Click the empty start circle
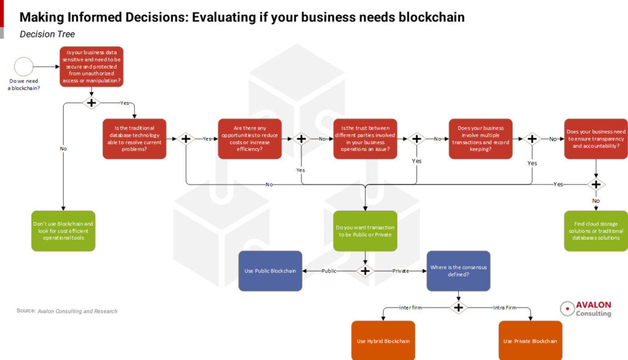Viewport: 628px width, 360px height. tap(24, 66)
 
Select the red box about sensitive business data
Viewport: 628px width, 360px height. tap(91, 66)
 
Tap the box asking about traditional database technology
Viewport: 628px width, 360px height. tap(134, 139)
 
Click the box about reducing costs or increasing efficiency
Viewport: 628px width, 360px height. tap(249, 139)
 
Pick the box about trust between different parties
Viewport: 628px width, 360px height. tap(365, 139)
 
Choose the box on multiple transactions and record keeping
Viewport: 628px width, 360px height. tap(480, 139)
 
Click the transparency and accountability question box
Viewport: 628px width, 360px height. tap(595, 139)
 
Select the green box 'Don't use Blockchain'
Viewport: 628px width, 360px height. tap(63, 231)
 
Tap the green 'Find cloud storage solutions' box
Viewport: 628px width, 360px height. tap(595, 231)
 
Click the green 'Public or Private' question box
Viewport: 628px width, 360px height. tap(365, 231)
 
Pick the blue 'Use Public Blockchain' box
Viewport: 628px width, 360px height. tap(270, 270)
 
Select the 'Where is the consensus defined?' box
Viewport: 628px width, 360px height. tap(458, 270)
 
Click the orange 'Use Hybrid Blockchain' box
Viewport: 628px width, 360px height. tap(383, 340)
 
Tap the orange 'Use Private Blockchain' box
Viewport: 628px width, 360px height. tap(530, 340)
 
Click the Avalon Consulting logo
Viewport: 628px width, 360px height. tap(586, 308)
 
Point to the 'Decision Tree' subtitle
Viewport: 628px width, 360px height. tap(47, 34)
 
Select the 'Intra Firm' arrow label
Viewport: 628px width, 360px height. tap(505, 307)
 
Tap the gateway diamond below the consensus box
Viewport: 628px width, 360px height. tap(458, 307)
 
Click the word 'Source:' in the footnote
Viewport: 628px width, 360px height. tap(26, 311)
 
